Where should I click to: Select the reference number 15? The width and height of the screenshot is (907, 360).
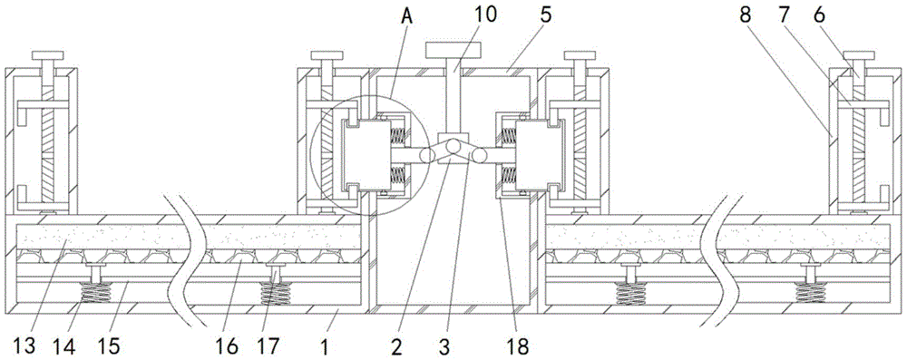[110, 346]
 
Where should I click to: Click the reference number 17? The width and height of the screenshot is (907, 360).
[268, 346]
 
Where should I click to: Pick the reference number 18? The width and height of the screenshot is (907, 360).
[517, 346]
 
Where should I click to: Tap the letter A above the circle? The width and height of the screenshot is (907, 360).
[407, 15]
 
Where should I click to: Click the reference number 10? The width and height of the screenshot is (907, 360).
[484, 14]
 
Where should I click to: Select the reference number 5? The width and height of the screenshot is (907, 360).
[546, 14]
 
